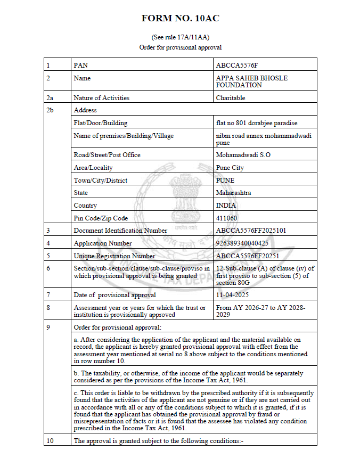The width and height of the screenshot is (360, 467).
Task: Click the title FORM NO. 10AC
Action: (x=180, y=18)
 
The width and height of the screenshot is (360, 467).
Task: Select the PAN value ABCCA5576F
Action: (x=236, y=65)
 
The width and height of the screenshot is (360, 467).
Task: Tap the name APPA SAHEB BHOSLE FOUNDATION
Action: (x=251, y=81)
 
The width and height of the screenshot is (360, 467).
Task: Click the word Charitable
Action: (x=231, y=98)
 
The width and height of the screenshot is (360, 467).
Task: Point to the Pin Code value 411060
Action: (x=226, y=218)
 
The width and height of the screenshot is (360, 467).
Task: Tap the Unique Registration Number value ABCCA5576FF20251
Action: (x=246, y=256)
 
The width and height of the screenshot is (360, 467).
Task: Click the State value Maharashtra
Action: (x=233, y=193)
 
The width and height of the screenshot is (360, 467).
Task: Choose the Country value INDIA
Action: (x=226, y=206)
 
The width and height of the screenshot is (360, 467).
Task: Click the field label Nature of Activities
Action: (x=101, y=98)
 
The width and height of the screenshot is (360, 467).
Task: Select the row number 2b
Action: (x=50, y=110)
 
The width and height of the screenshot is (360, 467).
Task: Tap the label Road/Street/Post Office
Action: (x=107, y=155)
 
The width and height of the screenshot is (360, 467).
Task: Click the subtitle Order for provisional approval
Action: (x=180, y=47)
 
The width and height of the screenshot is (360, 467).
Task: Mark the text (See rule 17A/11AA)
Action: (x=180, y=38)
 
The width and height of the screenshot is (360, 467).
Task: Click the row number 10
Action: (x=50, y=441)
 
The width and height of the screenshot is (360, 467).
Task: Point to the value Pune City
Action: (x=230, y=168)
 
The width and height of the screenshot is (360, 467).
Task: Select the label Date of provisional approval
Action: (x=114, y=295)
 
